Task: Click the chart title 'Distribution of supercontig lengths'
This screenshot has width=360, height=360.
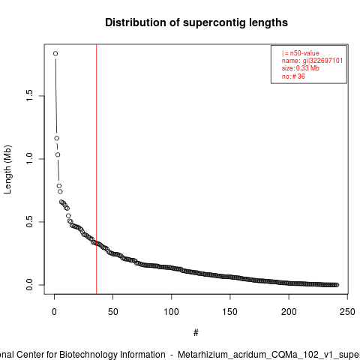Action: coord(196,22)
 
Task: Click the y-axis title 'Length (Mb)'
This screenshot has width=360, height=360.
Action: coord(7,169)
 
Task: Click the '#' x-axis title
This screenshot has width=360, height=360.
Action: coord(196,333)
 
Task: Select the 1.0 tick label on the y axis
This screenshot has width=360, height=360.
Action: coord(29,159)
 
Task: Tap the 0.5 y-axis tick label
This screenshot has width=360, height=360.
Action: coord(29,222)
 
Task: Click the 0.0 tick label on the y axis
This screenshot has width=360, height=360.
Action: coord(29,285)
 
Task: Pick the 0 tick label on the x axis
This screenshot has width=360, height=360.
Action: coord(54,312)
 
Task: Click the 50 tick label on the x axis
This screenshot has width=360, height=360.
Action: coord(112,312)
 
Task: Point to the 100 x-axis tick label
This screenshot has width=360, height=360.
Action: coord(172,312)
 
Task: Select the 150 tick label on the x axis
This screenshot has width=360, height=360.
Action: coord(230,312)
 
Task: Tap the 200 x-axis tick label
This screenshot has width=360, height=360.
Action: coord(289,312)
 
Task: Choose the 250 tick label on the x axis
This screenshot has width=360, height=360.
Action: coord(347,312)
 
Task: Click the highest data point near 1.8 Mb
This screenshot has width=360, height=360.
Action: coord(55,53)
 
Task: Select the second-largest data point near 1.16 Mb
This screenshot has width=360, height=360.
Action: coord(57,138)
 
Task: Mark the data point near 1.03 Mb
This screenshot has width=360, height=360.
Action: coord(58,154)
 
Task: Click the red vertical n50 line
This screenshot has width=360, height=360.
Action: coord(97,169)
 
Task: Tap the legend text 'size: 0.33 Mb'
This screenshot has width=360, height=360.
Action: coord(301,68)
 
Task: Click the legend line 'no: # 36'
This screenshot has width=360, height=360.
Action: coord(293,76)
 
